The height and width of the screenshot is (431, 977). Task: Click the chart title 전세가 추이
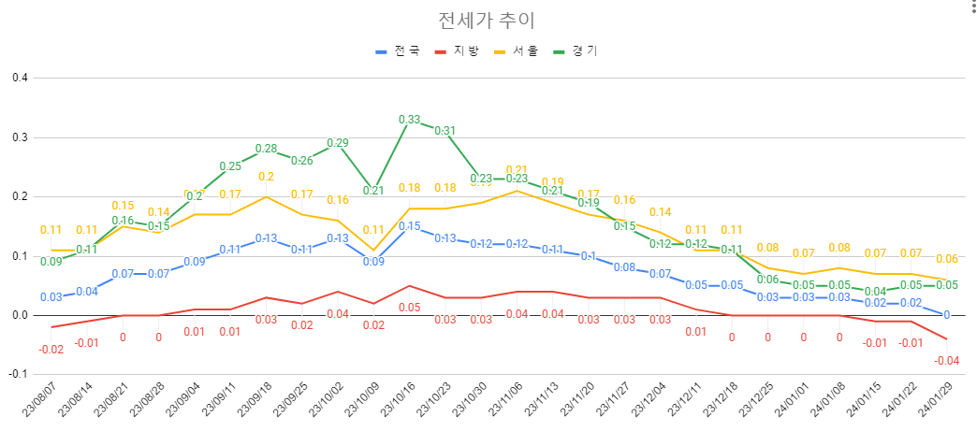click(x=487, y=21)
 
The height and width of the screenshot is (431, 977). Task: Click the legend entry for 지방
click(x=466, y=51)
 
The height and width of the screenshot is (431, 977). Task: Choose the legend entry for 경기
click(x=585, y=51)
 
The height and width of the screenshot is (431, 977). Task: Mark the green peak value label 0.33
click(x=410, y=120)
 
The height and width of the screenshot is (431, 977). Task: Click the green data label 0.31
click(x=445, y=131)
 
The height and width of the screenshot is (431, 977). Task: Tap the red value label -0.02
click(x=51, y=350)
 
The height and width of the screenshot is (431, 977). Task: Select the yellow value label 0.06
click(x=947, y=259)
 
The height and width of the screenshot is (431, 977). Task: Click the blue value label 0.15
click(x=410, y=226)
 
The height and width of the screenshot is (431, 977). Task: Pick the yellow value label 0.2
click(x=266, y=177)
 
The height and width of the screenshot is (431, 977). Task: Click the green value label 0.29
click(x=338, y=143)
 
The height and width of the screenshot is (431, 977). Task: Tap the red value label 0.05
click(x=410, y=308)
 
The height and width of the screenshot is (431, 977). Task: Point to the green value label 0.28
click(x=267, y=149)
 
